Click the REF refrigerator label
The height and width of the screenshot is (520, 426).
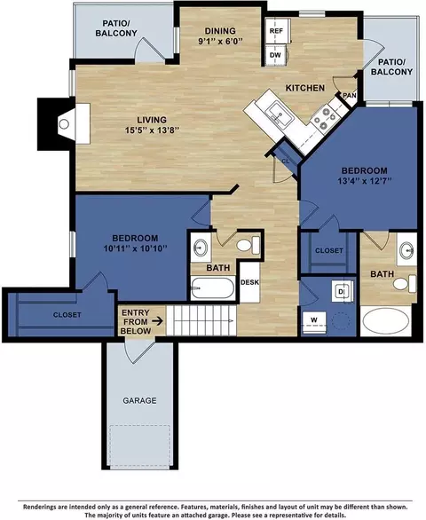[276, 31]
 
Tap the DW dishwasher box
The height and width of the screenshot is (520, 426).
[276, 55]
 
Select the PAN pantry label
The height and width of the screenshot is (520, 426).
[350, 96]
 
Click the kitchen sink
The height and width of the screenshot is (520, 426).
[280, 114]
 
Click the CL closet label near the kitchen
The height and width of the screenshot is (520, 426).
[285, 162]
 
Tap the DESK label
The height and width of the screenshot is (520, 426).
[249, 282]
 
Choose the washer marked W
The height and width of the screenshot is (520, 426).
[314, 320]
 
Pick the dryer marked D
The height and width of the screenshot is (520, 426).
[342, 291]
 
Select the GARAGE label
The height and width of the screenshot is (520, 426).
[139, 400]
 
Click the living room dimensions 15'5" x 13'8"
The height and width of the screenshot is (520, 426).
[152, 130]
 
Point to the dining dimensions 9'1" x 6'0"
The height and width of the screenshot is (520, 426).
[221, 41]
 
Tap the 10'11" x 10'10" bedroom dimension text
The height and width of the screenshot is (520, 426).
[135, 248]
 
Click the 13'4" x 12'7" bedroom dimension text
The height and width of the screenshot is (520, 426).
[365, 181]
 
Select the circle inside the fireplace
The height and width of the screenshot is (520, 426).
[64, 124]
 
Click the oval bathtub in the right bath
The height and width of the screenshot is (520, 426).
[385, 321]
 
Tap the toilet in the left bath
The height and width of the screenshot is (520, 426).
[248, 245]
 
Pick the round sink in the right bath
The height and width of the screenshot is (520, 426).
[406, 249]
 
